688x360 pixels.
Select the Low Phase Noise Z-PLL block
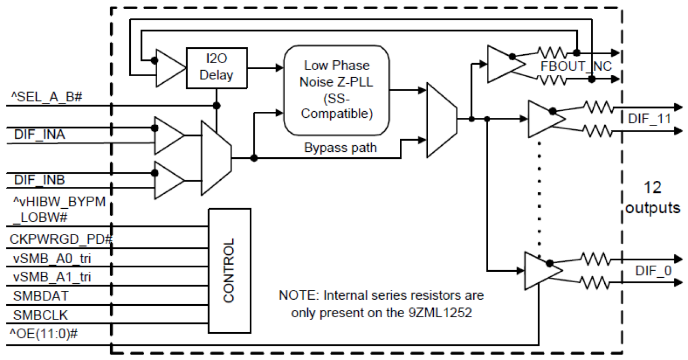336,90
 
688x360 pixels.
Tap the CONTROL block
229,270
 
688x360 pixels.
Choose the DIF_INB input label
38,179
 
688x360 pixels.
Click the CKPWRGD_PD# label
61,239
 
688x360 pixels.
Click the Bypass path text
340,148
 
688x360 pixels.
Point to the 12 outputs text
652,198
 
